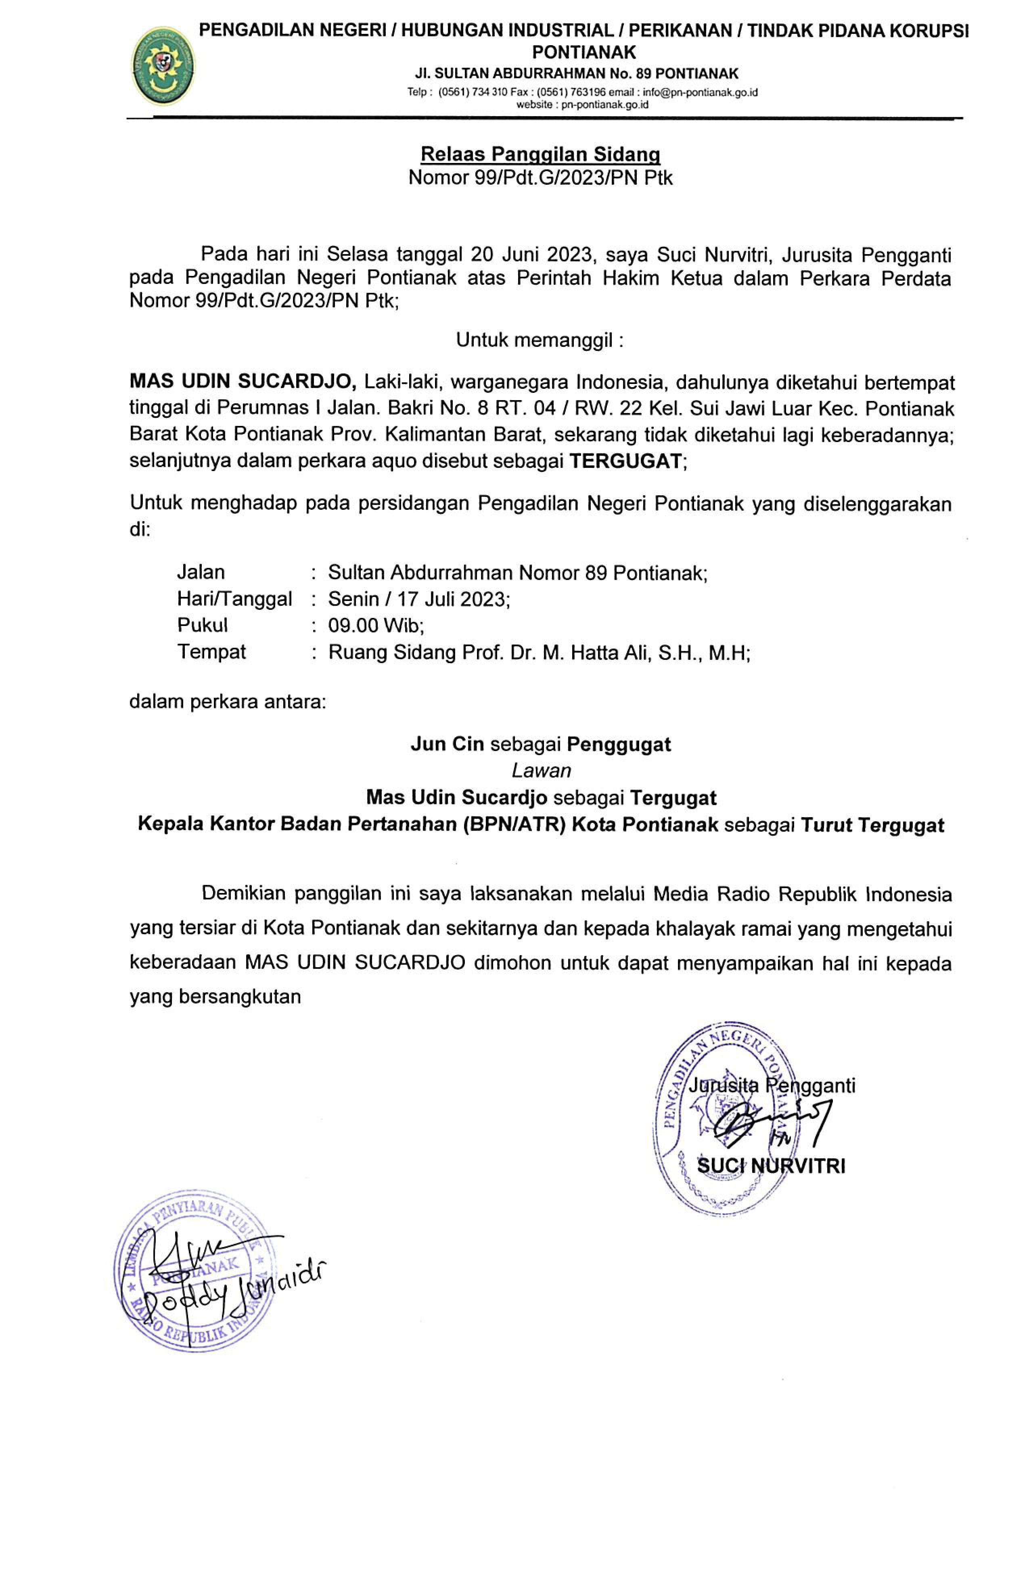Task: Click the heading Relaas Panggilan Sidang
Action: coord(540,154)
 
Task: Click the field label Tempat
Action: coord(211,652)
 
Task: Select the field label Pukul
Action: coord(202,625)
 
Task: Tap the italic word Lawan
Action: coord(541,771)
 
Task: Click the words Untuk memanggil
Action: coord(539,340)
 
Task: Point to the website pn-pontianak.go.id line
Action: coord(582,104)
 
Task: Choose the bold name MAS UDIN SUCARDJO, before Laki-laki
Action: coord(243,382)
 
